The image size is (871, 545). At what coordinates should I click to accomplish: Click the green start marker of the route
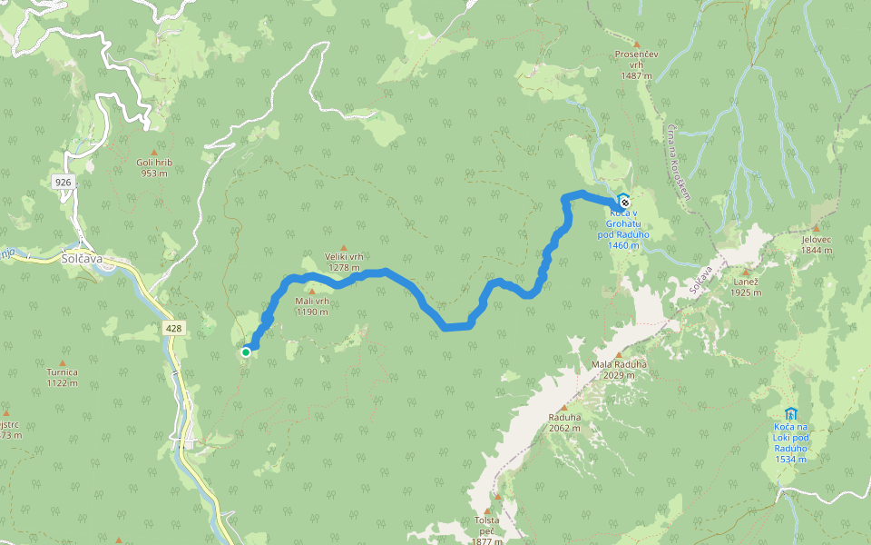[246, 352]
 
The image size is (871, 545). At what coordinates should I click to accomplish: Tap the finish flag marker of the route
[623, 200]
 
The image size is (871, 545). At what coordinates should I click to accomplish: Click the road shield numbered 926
[63, 182]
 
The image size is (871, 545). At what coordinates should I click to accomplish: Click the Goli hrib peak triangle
[154, 153]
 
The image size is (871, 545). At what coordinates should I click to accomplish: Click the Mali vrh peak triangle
[311, 291]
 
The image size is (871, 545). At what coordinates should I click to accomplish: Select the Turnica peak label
[63, 372]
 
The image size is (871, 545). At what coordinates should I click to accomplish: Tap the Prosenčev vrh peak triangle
[637, 44]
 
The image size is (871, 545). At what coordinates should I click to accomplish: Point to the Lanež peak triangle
[746, 272]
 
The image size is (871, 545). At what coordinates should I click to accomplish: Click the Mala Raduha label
[619, 365]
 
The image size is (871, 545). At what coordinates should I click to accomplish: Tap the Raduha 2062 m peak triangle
[563, 407]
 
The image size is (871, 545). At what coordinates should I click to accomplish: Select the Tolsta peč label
[487, 520]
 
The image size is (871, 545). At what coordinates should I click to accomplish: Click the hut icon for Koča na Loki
[790, 413]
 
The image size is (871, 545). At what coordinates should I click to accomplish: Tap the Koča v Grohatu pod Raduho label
[623, 223]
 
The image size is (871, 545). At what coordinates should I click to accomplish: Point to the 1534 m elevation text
[791, 459]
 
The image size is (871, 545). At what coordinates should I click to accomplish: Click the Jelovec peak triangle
[816, 229]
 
